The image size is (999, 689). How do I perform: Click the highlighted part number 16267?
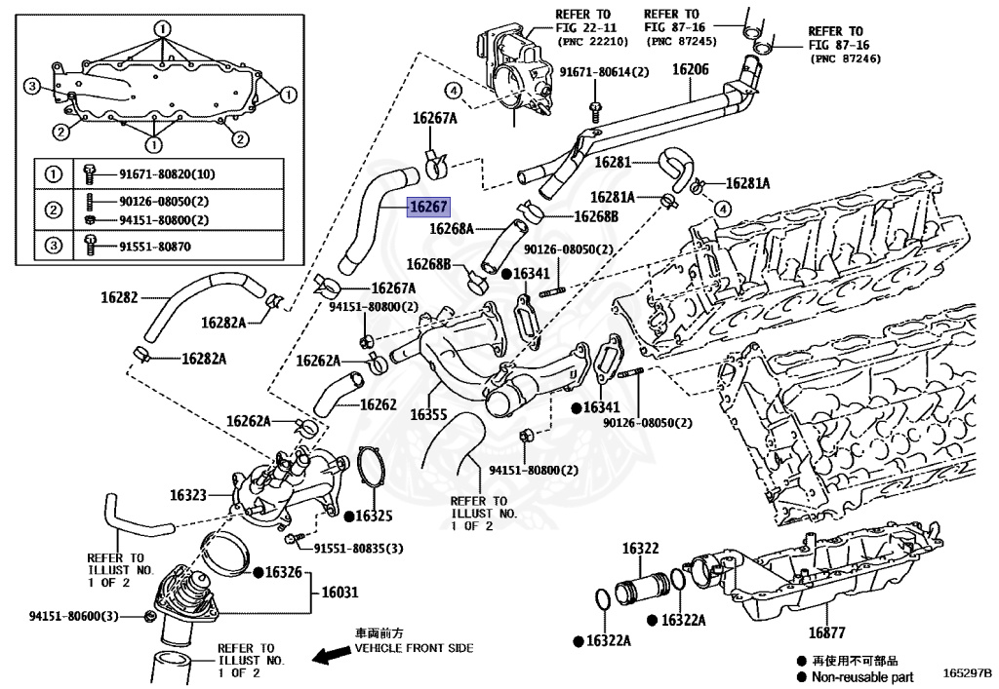pos(428,207)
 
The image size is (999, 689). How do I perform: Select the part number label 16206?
pos(690,69)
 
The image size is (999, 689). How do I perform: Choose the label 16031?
pos(340,592)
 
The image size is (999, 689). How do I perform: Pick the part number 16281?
pos(614,162)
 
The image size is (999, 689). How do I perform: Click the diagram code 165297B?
pos(966,673)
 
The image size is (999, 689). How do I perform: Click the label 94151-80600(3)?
pos(74,616)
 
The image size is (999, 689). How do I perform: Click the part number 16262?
pos(378,403)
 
